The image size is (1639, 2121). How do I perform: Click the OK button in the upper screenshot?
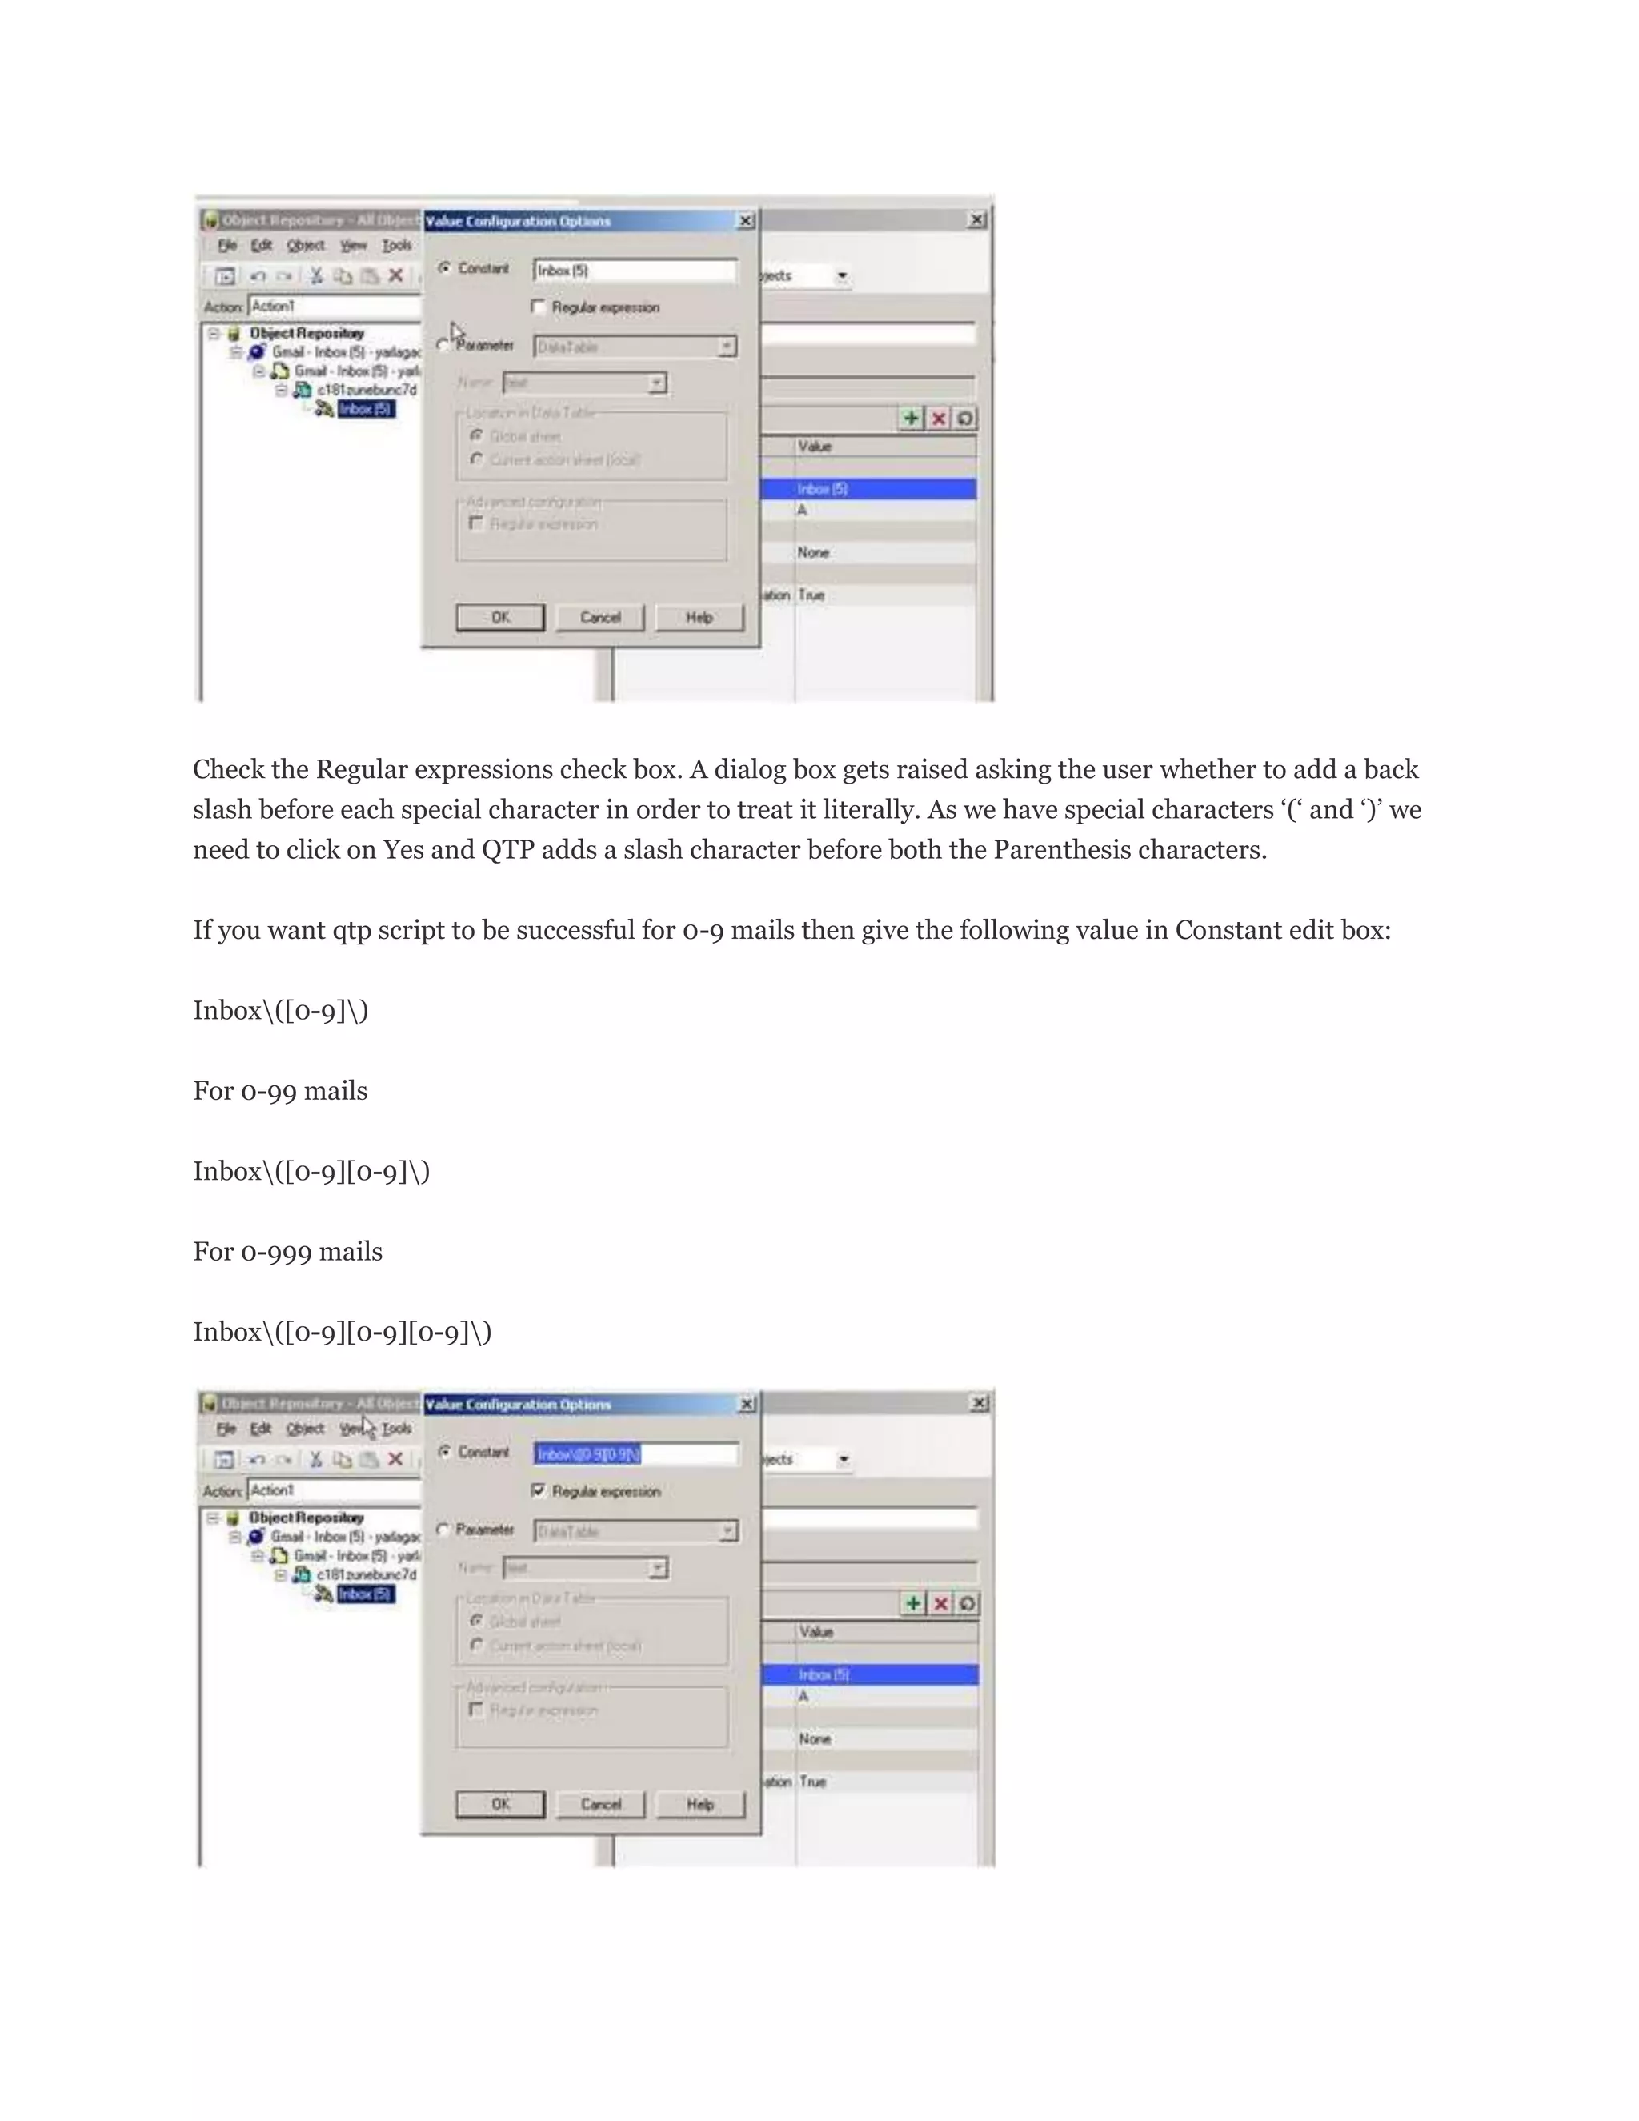[x=500, y=618]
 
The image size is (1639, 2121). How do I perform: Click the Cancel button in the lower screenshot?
[x=600, y=1804]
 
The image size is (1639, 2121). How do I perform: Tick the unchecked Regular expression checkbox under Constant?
[x=538, y=307]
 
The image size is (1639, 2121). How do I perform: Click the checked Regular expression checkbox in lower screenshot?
[x=538, y=1491]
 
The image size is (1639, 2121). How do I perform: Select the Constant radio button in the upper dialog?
[x=443, y=268]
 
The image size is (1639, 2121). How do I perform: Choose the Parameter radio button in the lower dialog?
[x=443, y=1530]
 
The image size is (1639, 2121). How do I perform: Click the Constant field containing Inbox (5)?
[x=634, y=271]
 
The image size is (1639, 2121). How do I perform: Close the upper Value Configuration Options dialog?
[x=746, y=222]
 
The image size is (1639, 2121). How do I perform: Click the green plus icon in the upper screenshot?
[x=911, y=419]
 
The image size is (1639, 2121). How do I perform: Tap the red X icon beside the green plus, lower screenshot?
[x=940, y=1603]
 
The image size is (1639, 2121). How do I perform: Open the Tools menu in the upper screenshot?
[x=396, y=246]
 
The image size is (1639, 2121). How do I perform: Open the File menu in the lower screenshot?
[x=226, y=1429]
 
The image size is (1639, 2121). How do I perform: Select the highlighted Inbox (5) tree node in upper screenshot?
[x=366, y=409]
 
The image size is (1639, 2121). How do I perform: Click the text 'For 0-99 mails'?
[x=279, y=1092]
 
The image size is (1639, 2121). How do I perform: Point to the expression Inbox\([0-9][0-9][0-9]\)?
[x=342, y=1333]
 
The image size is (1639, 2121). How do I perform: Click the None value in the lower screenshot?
[x=815, y=1739]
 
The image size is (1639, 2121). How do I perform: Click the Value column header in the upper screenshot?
[x=815, y=447]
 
